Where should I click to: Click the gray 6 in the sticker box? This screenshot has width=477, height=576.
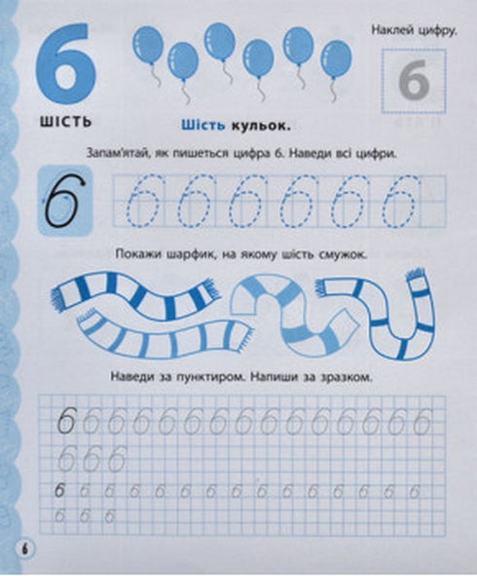tap(414, 84)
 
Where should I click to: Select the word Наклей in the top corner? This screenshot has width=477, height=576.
tap(392, 31)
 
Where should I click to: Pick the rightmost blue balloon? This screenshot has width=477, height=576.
tap(336, 58)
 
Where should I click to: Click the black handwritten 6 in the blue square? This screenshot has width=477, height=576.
tap(65, 200)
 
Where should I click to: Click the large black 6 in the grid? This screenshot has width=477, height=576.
tap(66, 422)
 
